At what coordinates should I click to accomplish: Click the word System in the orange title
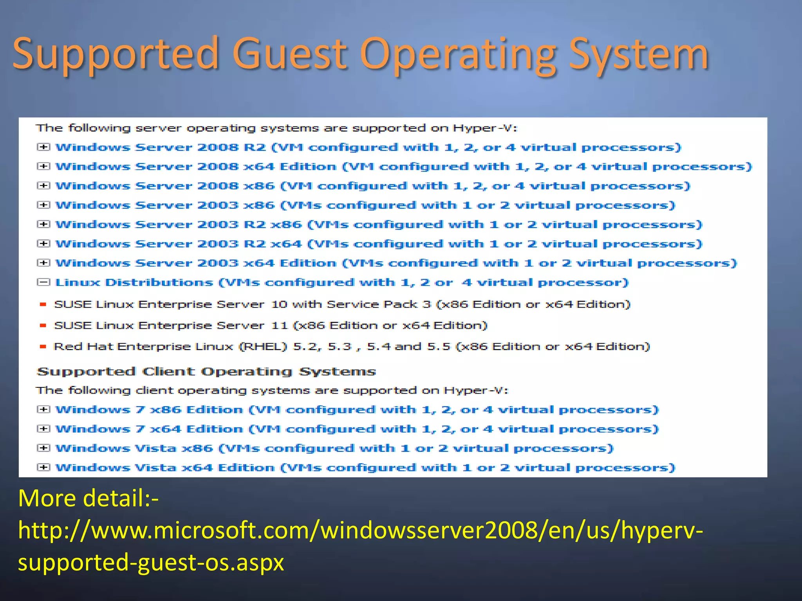[638, 55]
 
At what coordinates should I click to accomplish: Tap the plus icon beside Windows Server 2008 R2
[43, 147]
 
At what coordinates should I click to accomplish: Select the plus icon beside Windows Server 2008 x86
[43, 185]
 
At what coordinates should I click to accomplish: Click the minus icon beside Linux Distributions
[43, 282]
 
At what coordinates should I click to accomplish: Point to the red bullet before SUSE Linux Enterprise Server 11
[43, 325]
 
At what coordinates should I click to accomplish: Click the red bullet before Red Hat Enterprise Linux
[43, 346]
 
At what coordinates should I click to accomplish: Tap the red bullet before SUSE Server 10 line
[43, 304]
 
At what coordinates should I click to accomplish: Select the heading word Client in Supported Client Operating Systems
[168, 371]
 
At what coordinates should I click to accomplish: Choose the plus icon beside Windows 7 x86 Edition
[43, 409]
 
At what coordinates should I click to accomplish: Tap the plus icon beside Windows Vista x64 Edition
[43, 467]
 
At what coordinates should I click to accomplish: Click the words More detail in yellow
[88, 498]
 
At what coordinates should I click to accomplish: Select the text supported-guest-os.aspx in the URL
[151, 563]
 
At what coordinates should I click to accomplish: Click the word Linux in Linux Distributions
[78, 283]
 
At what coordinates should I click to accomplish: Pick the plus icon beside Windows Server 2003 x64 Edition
[43, 263]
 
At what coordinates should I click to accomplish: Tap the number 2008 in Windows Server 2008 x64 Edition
[218, 167]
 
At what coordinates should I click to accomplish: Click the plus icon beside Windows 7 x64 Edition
[43, 428]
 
